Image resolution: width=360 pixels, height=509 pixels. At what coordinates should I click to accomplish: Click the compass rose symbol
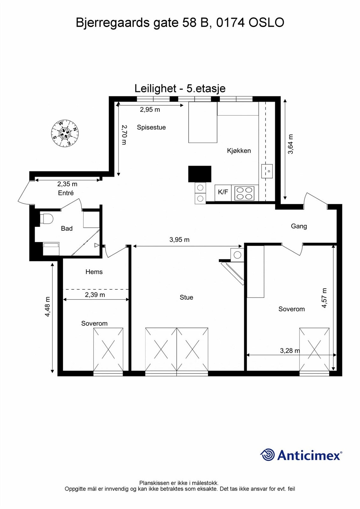click(65, 133)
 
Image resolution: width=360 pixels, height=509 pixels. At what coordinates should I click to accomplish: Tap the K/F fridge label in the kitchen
click(223, 192)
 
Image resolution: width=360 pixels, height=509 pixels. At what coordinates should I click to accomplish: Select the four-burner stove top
click(244, 193)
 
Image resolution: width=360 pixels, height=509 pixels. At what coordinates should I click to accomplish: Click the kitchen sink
click(267, 171)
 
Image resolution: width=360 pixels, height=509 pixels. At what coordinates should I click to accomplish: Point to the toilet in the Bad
click(47, 219)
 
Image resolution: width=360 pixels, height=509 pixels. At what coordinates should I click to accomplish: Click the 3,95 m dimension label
click(179, 240)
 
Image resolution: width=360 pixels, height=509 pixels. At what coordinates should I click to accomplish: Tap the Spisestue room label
click(151, 127)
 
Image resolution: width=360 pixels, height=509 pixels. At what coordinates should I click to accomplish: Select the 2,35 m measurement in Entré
click(67, 184)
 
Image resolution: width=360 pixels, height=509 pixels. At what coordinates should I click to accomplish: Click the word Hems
click(94, 272)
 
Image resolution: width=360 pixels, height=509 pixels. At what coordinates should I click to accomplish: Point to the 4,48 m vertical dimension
click(47, 307)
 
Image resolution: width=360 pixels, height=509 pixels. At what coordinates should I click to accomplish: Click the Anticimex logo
click(301, 455)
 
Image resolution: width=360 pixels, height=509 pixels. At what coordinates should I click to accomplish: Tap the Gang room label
click(299, 226)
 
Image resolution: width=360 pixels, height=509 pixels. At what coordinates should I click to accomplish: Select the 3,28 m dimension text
click(289, 351)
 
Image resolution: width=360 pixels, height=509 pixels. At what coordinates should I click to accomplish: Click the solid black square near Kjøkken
click(200, 174)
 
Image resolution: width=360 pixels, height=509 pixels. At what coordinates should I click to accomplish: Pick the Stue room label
click(186, 297)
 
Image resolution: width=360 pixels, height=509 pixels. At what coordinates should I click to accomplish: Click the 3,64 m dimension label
click(290, 144)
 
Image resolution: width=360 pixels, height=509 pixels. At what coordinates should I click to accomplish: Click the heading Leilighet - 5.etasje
click(180, 88)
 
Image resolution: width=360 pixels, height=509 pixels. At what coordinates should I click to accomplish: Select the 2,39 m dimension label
click(95, 295)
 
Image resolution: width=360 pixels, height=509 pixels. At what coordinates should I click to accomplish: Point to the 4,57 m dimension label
click(324, 298)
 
